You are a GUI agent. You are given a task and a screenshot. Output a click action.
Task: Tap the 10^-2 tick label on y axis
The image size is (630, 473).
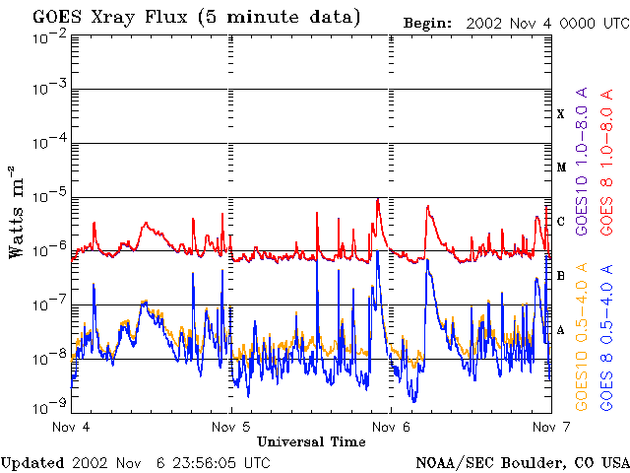click(48, 36)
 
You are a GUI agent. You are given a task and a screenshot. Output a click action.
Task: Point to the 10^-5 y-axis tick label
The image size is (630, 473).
click(48, 197)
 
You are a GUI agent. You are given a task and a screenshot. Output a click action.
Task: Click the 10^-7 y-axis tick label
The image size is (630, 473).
click(48, 304)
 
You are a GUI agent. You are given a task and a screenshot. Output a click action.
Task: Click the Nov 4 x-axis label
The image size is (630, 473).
click(71, 428)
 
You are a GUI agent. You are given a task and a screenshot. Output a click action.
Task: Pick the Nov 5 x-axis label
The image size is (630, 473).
click(231, 428)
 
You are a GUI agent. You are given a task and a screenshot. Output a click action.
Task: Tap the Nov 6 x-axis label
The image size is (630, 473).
click(391, 428)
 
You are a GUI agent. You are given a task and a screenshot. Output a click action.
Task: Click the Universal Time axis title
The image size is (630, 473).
click(311, 441)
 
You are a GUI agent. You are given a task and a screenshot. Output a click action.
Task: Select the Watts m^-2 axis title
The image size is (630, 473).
click(17, 211)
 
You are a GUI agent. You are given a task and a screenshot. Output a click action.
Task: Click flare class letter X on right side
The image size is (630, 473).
click(561, 114)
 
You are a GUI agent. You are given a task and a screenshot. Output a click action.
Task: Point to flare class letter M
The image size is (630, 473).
click(561, 168)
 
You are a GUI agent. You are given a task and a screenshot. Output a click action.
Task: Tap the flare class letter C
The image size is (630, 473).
click(561, 221)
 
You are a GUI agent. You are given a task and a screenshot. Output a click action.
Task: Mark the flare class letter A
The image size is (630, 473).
click(561, 330)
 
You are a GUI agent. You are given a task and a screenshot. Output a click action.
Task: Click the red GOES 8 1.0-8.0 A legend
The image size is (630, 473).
click(607, 173)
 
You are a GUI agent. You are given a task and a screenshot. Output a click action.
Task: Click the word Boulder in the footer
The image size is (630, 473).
click(531, 462)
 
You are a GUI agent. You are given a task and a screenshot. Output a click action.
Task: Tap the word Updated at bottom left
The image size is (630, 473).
click(31, 462)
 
